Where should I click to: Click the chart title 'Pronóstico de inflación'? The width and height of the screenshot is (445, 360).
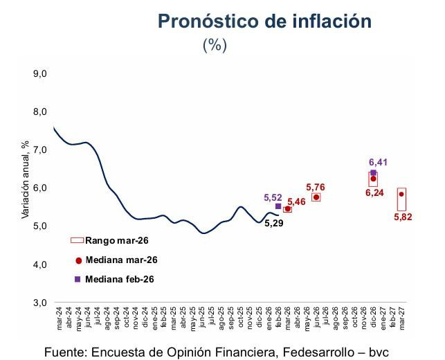tap(265, 21)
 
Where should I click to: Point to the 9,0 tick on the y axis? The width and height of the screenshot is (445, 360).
tap(39, 73)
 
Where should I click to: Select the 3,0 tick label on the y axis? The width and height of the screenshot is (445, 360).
tap(39, 303)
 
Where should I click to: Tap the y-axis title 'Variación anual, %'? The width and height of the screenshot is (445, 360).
tap(25, 180)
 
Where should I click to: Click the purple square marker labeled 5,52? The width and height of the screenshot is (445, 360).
tap(278, 206)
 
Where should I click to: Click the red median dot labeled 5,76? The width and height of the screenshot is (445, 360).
tap(316, 197)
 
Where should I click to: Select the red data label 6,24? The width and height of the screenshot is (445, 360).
tap(374, 195)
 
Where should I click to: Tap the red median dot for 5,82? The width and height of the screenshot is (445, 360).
tap(401, 195)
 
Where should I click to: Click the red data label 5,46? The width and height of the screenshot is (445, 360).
tap(296, 201)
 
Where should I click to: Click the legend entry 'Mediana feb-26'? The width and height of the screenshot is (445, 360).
tap(120, 280)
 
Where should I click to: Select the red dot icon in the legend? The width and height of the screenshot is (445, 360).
tap(78, 260)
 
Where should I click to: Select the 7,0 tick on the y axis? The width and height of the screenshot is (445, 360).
tap(39, 150)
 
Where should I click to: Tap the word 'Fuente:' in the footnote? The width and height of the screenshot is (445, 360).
tap(67, 352)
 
